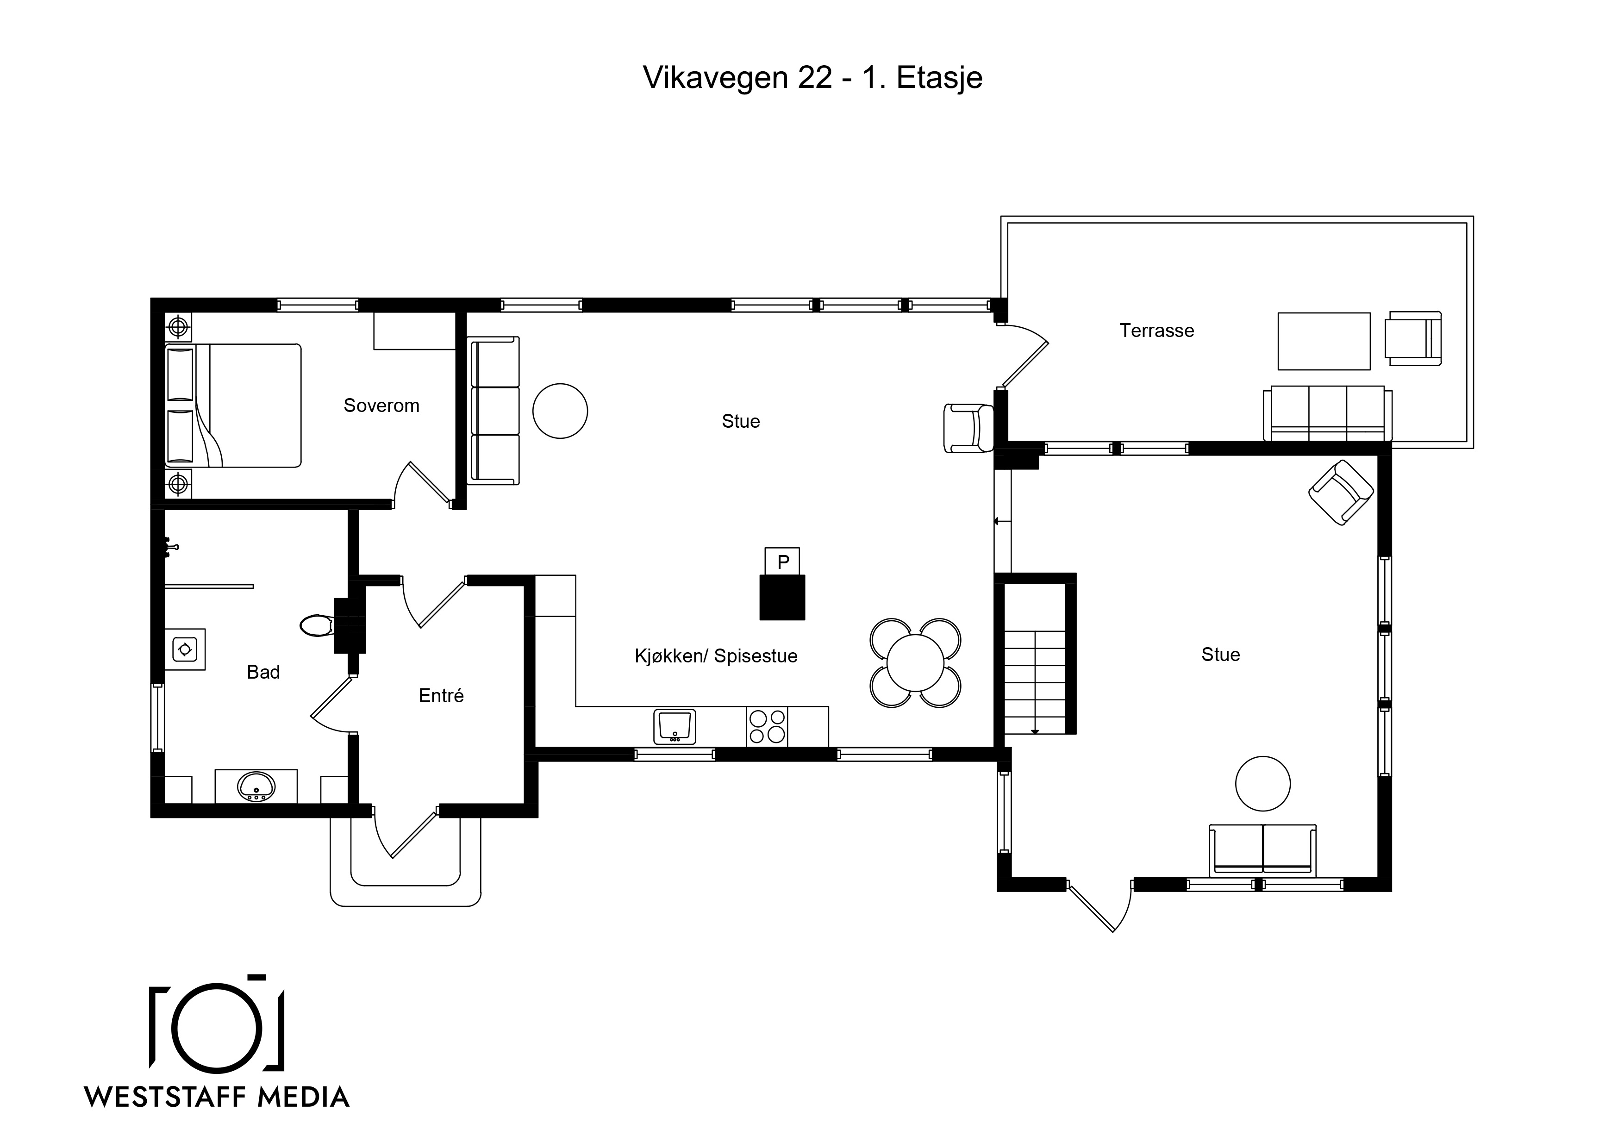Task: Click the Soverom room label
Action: coord(381,406)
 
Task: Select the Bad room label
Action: coord(263,672)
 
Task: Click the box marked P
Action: coord(782,562)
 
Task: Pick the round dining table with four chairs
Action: coord(915,663)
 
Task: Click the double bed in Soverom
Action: coord(233,406)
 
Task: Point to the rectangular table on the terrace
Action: coord(1324,341)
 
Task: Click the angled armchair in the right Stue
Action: coord(1341,493)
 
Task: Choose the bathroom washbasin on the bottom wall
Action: coord(256,786)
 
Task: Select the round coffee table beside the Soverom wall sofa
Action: coord(560,411)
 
